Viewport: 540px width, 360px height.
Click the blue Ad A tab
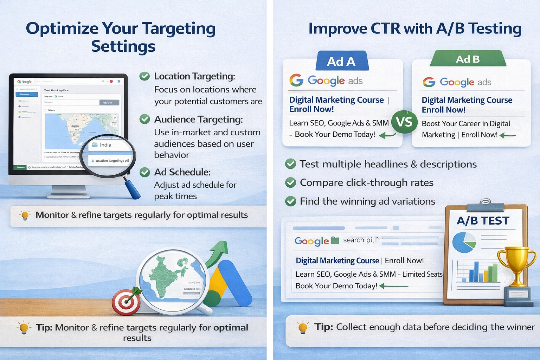[x=341, y=61]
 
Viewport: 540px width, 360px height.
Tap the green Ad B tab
[x=468, y=59]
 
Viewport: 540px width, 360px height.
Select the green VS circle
[x=404, y=122]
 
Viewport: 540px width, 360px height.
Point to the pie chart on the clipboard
[x=464, y=242]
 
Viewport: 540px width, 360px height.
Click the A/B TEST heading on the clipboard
[x=483, y=221]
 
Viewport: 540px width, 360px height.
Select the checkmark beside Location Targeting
[x=144, y=76]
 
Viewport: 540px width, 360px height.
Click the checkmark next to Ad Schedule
[x=144, y=172]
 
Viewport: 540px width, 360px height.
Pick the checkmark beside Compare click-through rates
[x=290, y=183]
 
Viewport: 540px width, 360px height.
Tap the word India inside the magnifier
[x=105, y=145]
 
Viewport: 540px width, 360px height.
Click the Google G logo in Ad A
[x=296, y=81]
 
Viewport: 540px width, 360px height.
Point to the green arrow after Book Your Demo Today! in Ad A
[x=387, y=135]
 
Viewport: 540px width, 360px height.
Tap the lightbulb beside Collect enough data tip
[x=303, y=327]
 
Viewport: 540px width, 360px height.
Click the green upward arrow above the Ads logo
[x=216, y=252]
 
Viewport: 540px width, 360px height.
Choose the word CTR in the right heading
[x=385, y=28]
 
